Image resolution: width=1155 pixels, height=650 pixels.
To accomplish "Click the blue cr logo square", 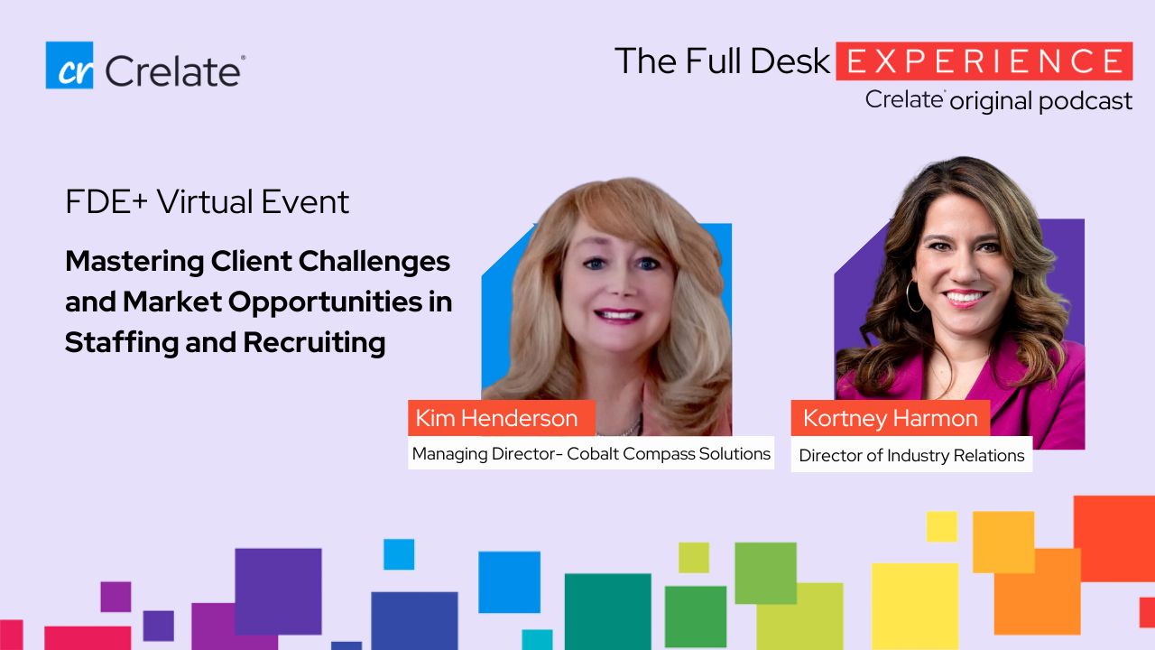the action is pos(69,65).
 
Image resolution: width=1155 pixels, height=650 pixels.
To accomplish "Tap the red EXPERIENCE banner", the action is pos(984,60).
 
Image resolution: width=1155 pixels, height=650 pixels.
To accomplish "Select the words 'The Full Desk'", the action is pos(722,60).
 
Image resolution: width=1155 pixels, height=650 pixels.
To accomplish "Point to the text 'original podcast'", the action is pos(1041,101).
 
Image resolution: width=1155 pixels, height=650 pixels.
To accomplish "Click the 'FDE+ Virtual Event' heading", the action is pos(208,201).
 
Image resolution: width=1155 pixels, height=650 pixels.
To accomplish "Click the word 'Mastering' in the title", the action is pos(134,262).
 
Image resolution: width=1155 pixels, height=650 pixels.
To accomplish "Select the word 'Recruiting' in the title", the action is pos(314,343).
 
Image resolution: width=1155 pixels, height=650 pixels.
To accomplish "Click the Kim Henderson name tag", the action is pos(502,418).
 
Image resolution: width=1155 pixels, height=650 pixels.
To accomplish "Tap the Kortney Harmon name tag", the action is pos(891,418).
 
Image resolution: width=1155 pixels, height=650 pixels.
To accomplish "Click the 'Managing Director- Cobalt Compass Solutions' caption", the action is pos(591,453).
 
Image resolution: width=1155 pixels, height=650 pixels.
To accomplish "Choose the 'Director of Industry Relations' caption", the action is pos(911,455).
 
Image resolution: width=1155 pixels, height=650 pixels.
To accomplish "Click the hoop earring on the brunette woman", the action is pos(909,297).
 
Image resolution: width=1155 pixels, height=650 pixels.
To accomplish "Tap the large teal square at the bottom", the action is pos(608,612).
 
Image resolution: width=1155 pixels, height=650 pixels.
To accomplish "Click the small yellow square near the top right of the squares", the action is pos(941,526).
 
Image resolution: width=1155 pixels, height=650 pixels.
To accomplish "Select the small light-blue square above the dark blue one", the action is pos(399,554).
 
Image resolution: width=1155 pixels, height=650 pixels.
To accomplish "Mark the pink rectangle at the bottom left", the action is pos(88,638).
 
